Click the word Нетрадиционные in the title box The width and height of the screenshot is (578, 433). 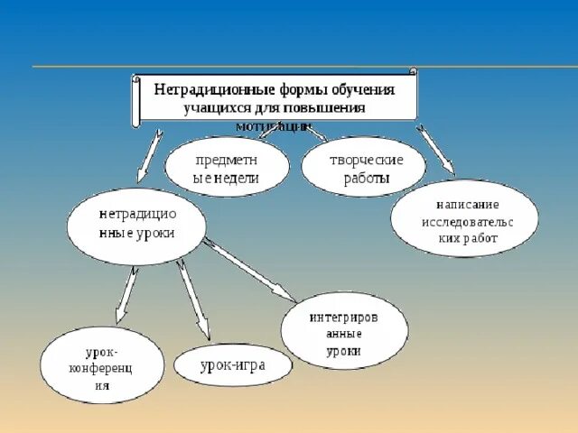[x=203, y=91]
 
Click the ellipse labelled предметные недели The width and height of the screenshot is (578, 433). [x=227, y=167]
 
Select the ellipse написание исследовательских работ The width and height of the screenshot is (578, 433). [x=464, y=218]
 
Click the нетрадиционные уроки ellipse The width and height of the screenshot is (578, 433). [x=136, y=226]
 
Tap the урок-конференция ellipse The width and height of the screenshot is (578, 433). [x=102, y=364]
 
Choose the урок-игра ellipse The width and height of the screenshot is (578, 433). [x=233, y=364]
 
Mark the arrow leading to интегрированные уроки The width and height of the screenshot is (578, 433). [x=250, y=270]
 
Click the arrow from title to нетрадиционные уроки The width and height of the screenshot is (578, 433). [x=149, y=157]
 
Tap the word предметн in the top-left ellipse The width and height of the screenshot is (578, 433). [x=227, y=160]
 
